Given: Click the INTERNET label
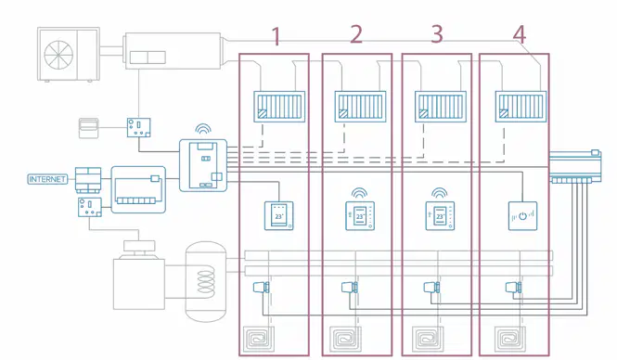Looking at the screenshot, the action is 47,179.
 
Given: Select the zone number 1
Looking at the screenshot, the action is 276,36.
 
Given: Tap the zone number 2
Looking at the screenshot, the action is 356,34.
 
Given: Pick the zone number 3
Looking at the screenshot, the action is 437,34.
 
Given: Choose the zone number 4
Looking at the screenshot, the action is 520,35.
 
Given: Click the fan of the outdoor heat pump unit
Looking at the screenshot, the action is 58,55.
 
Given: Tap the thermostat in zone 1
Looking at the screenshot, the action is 279,215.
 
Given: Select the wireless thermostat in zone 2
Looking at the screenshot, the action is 360,216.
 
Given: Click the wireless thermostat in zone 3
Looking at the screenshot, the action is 440,216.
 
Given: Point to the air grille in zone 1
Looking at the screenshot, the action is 279,107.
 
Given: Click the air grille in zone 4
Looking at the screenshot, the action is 521,107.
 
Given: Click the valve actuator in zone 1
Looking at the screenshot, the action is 262,287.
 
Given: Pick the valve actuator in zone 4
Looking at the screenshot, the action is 513,288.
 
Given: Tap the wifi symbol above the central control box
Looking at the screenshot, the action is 203,129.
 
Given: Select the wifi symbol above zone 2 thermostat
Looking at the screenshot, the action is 359,193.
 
